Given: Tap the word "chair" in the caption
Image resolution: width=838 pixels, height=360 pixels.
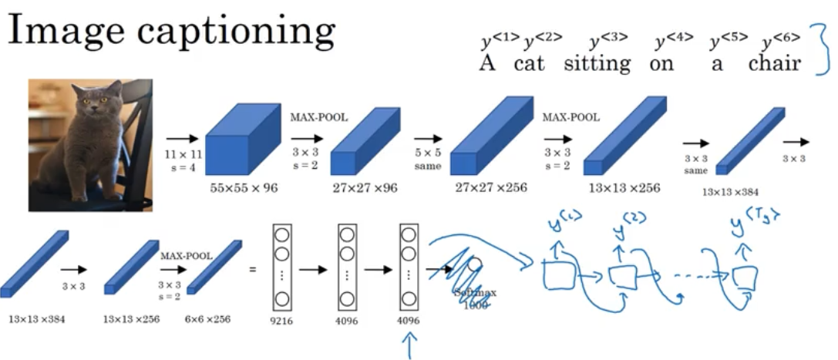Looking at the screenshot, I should coord(774,64).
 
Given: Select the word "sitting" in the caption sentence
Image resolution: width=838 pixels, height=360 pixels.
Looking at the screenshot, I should coord(597,64).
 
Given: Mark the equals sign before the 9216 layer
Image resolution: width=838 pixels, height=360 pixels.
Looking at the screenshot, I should coord(252,270).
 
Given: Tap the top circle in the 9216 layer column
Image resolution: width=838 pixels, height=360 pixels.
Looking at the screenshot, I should coord(284,235).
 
